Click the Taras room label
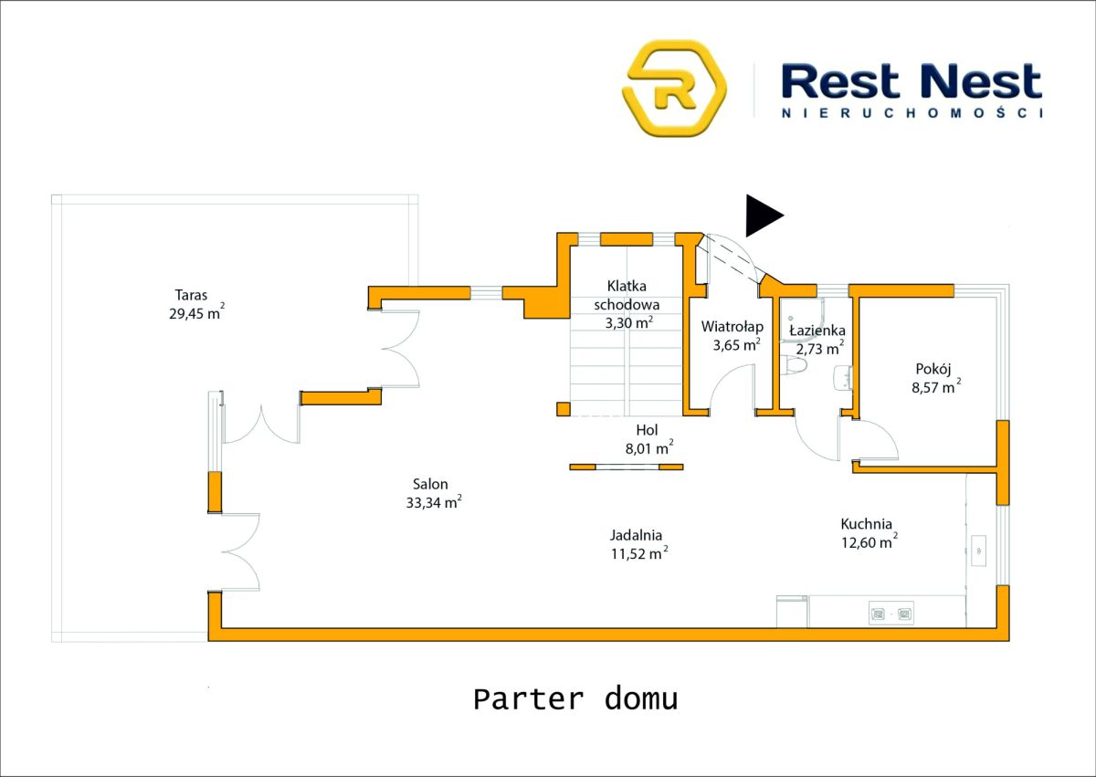(192, 295)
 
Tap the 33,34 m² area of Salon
(433, 503)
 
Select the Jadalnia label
(636, 536)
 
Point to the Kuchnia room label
(866, 524)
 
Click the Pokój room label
(933, 370)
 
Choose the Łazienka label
(817, 331)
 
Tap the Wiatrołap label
(732, 326)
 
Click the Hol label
(647, 429)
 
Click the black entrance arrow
(763, 215)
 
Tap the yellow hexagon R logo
(674, 88)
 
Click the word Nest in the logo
(980, 82)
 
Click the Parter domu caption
(575, 699)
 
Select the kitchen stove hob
(890, 614)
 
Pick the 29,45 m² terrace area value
(190, 314)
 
